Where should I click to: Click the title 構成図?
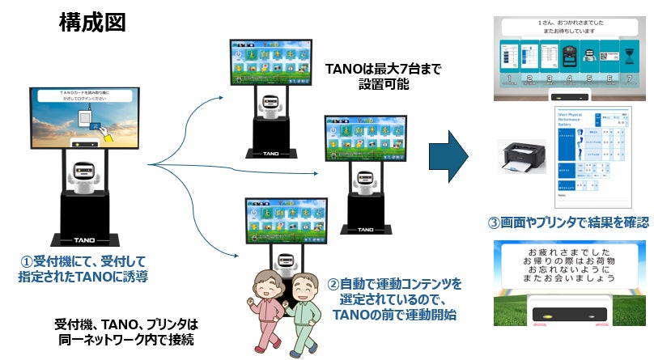click(92, 23)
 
